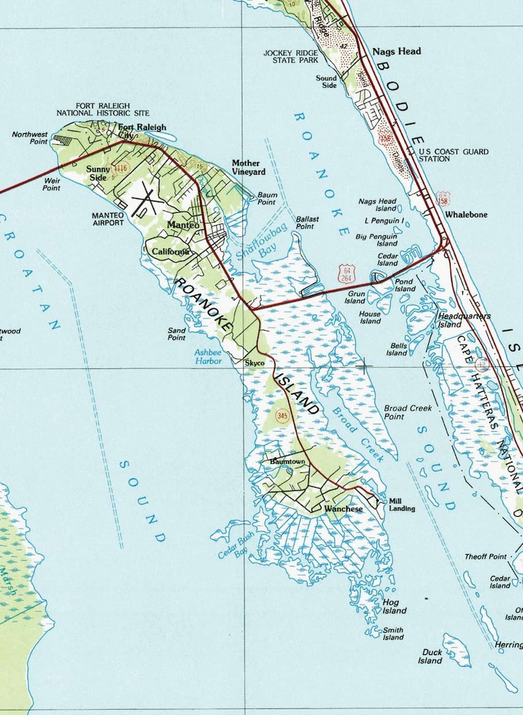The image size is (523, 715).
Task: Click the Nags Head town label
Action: click(397, 51)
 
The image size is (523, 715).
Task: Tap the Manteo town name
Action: click(183, 225)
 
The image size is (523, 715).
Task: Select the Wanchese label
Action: click(343, 509)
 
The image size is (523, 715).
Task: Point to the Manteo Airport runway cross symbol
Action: click(146, 201)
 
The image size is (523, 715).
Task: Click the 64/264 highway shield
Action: click(346, 274)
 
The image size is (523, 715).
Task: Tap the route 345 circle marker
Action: click(283, 416)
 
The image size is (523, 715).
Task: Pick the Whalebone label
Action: click(466, 215)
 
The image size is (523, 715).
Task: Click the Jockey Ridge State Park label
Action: click(290, 56)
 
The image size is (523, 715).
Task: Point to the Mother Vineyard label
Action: click(248, 167)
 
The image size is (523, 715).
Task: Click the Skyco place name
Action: click(254, 363)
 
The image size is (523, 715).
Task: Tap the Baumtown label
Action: click(287, 462)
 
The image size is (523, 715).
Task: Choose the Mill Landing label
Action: click(402, 505)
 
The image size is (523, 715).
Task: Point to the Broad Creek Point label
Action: click(408, 412)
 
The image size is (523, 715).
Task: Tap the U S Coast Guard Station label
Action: click(454, 155)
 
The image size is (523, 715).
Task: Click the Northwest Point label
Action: click(30, 138)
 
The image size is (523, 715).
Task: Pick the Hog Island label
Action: click(394, 606)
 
